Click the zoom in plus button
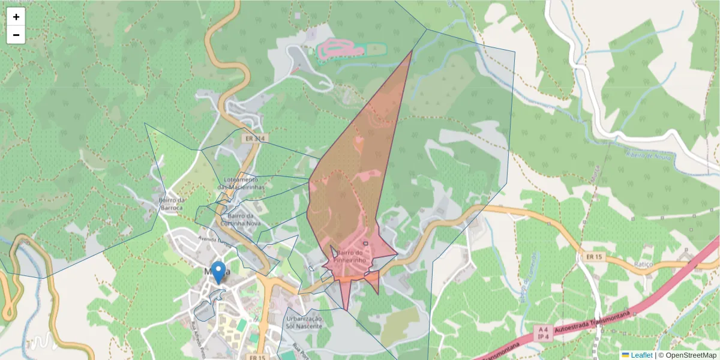(x=16, y=17)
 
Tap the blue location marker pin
(x=218, y=272)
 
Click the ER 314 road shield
(x=254, y=139)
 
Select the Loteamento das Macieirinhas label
(x=241, y=183)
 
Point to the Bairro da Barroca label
(x=170, y=204)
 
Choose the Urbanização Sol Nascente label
(x=304, y=322)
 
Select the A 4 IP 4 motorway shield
(x=544, y=334)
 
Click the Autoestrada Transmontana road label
(x=594, y=323)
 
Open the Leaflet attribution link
(x=641, y=355)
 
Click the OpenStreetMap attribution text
(x=687, y=355)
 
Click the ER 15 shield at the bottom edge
(x=257, y=357)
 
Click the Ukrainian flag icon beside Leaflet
(x=625, y=355)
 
